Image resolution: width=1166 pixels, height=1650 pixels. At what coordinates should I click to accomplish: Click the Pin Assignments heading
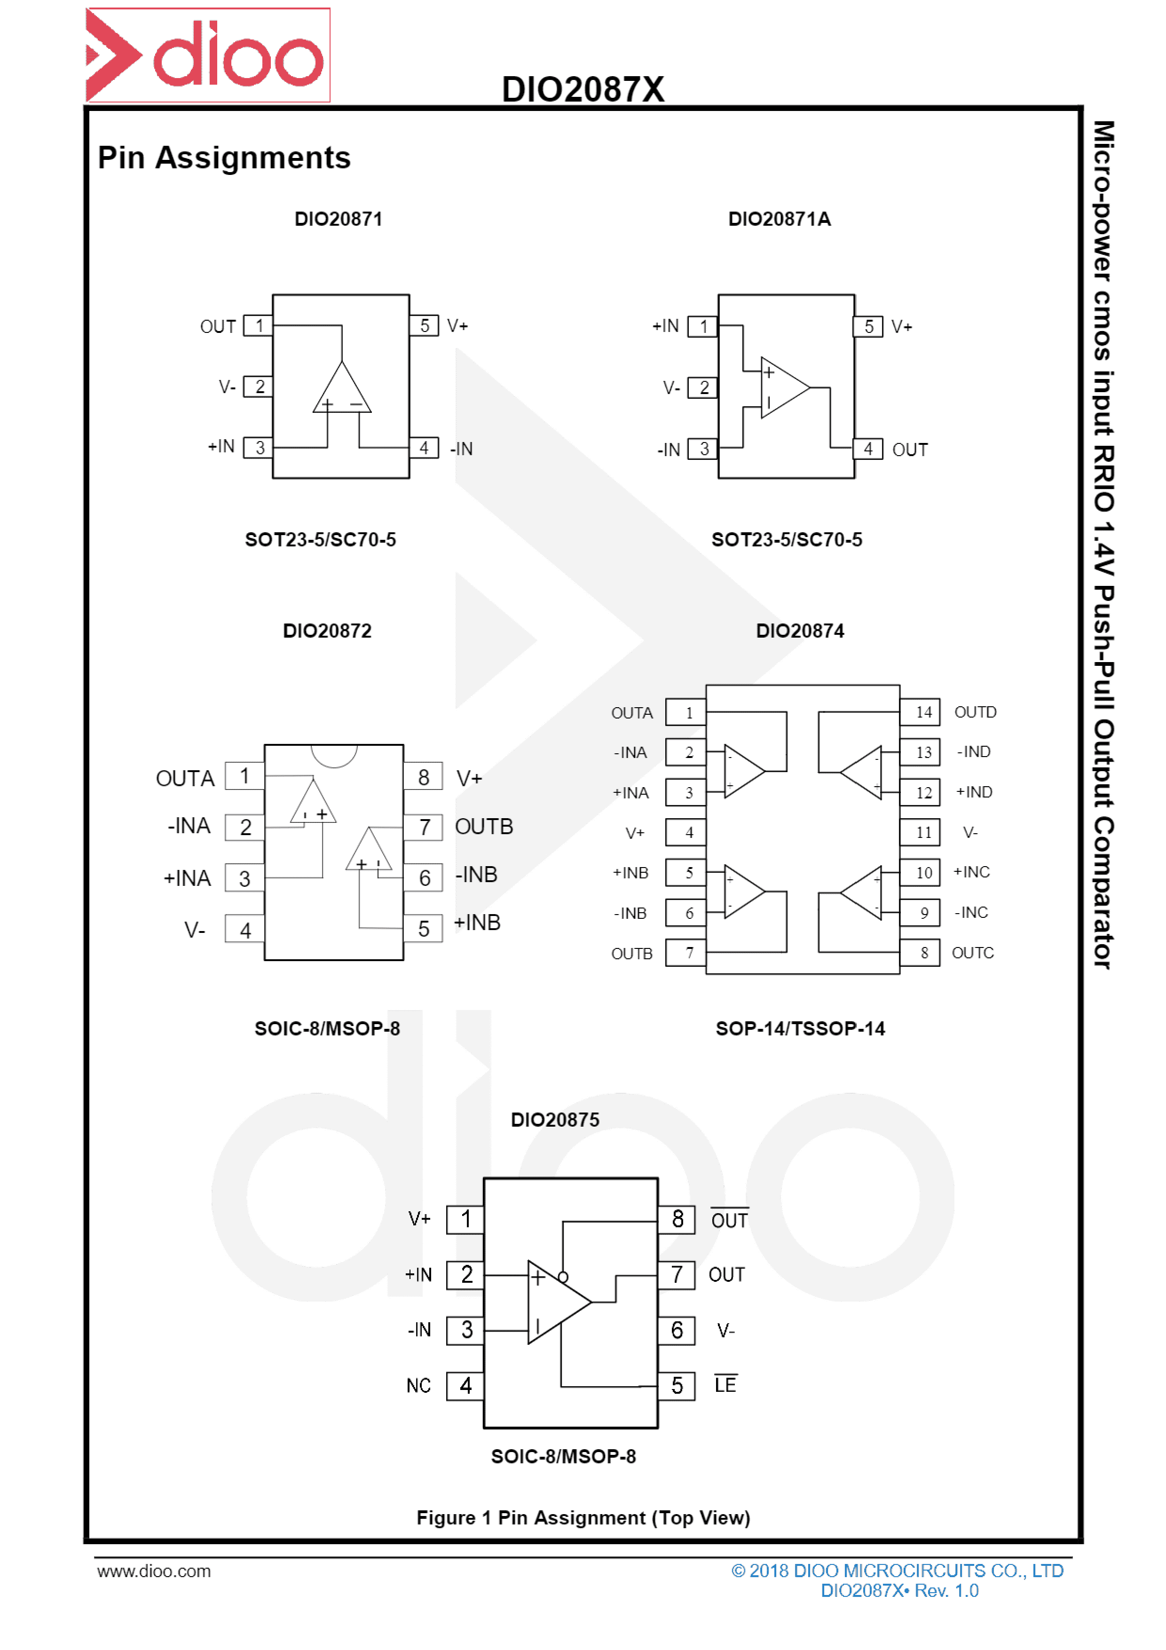(x=224, y=158)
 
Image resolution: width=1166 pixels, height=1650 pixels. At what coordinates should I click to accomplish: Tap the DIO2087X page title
(x=583, y=89)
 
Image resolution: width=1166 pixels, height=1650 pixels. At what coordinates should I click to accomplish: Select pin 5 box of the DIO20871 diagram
(x=424, y=325)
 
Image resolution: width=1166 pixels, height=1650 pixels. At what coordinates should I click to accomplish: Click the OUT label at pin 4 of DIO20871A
(x=909, y=450)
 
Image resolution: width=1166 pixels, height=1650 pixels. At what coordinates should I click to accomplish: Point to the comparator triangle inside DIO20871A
(x=785, y=387)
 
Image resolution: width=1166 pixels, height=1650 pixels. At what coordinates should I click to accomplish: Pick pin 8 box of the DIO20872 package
(x=423, y=777)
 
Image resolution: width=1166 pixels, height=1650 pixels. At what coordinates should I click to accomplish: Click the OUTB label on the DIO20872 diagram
(x=484, y=827)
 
